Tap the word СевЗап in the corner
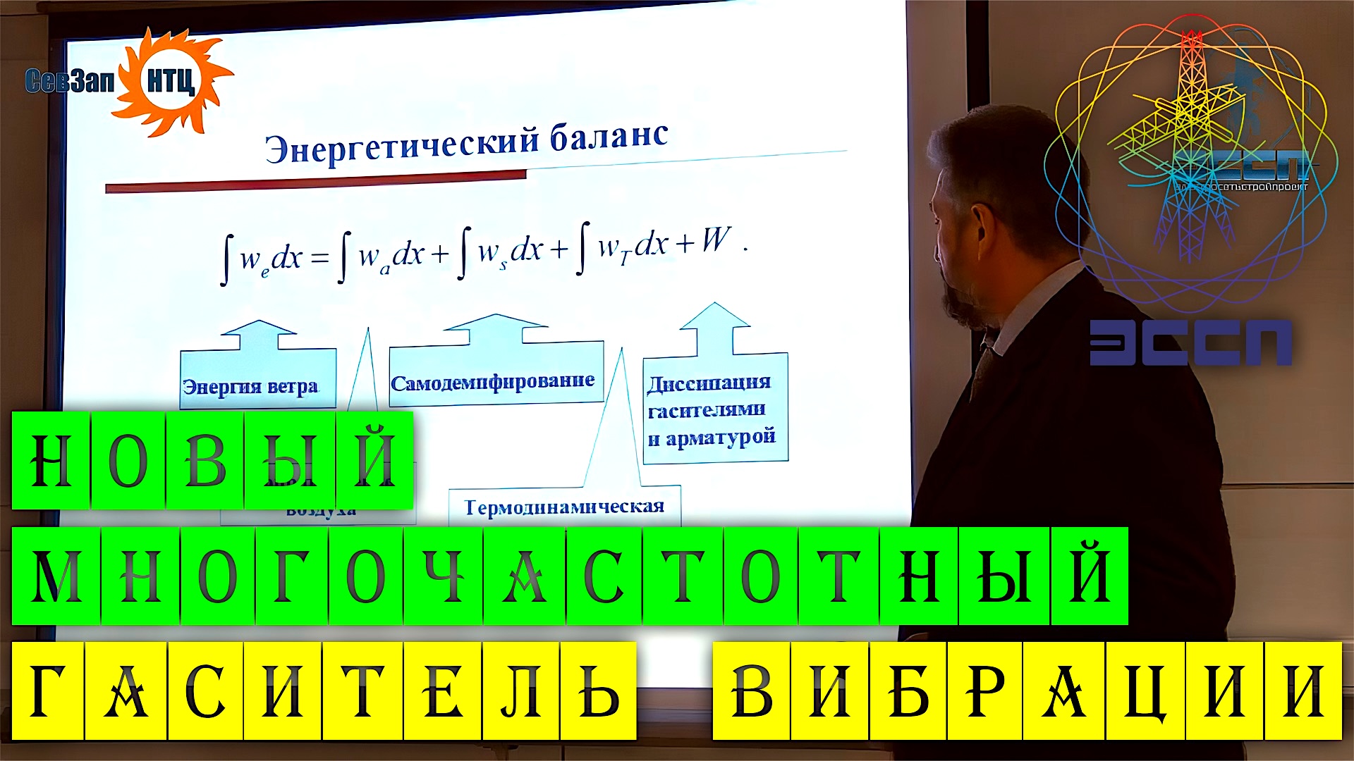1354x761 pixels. (x=69, y=82)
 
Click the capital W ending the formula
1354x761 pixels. (x=715, y=240)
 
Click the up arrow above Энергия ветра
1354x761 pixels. (x=258, y=335)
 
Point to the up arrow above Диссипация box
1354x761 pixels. (x=715, y=326)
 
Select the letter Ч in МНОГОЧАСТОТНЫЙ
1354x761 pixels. (x=444, y=576)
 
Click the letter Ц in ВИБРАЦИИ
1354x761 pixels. (x=1145, y=691)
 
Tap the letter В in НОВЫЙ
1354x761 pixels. (x=205, y=461)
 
